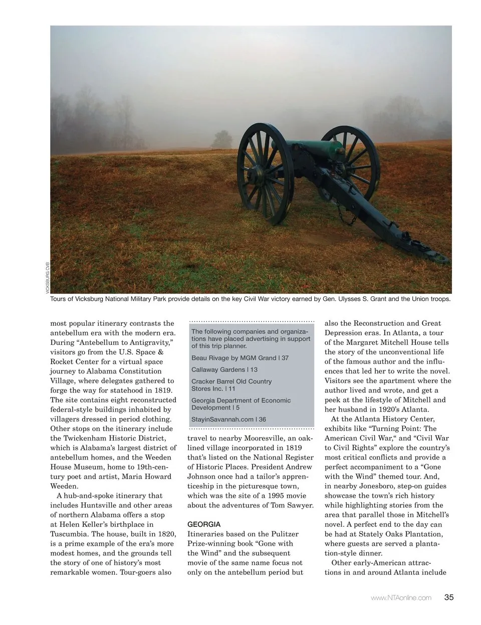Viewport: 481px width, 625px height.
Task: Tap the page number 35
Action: tap(448, 597)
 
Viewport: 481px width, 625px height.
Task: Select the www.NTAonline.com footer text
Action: tap(401, 597)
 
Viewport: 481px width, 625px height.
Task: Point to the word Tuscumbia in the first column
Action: tap(70, 534)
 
